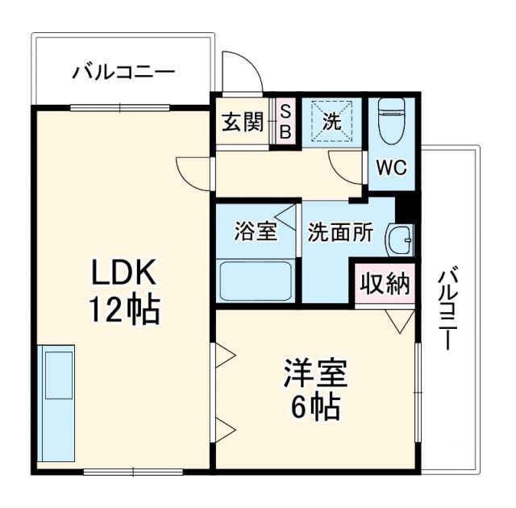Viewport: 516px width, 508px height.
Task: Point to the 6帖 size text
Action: pyautogui.click(x=314, y=407)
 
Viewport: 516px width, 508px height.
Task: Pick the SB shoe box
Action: pyautogui.click(x=284, y=122)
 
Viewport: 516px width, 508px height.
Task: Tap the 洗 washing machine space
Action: pyautogui.click(x=332, y=122)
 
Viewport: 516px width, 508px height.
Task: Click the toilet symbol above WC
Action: pyautogui.click(x=392, y=121)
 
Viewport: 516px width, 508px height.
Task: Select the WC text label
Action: pyautogui.click(x=392, y=169)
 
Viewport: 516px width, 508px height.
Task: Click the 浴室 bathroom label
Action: pyautogui.click(x=256, y=231)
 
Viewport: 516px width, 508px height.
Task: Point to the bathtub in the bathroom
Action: pyautogui.click(x=256, y=280)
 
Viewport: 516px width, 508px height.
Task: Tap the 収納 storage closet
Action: pyautogui.click(x=385, y=284)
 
